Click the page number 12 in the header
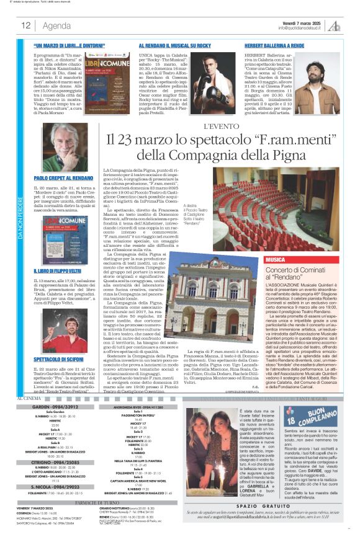[x=26, y=25]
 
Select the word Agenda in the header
[x=56, y=25]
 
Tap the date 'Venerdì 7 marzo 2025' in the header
[x=302, y=22]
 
